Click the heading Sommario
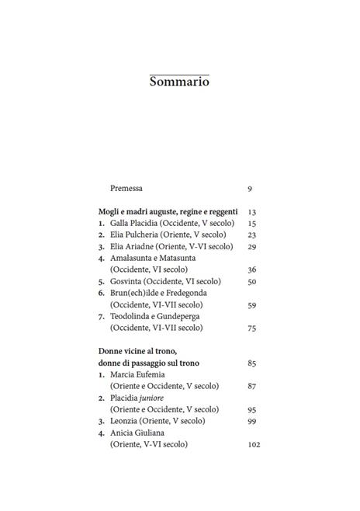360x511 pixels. [179, 82]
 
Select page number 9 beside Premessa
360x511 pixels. [250, 188]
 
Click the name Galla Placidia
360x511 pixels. [137, 223]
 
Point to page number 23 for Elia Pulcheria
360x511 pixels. [251, 235]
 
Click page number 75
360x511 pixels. [251, 328]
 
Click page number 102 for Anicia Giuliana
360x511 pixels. [254, 444]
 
